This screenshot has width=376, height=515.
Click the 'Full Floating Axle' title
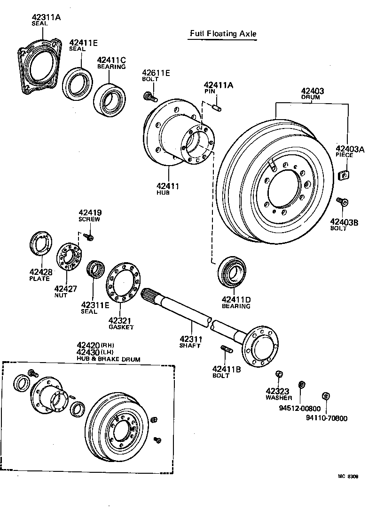[223, 33]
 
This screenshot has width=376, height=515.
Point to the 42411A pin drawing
[217, 109]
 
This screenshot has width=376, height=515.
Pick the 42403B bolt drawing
[342, 202]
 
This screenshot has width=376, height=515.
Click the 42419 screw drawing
[90, 238]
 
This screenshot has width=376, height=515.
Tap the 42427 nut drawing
[69, 257]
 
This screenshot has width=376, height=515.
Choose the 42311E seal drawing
[96, 270]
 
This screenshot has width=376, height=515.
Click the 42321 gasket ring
[121, 281]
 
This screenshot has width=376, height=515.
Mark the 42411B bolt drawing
[226, 349]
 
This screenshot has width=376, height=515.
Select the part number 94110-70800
[327, 418]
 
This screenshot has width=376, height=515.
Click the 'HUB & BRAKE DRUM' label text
[109, 359]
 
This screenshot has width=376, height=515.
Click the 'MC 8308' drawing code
[348, 476]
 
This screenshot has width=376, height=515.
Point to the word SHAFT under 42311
[190, 346]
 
